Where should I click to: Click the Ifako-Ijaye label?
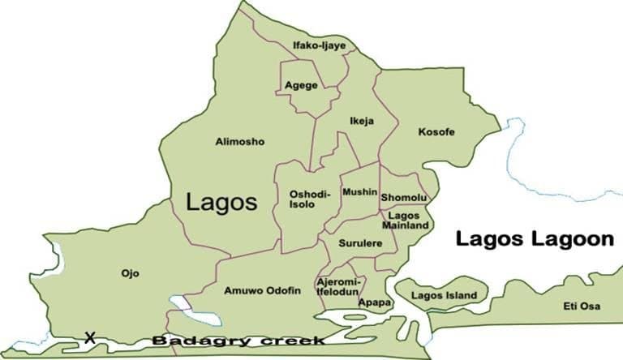(319, 45)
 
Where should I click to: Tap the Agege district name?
(301, 85)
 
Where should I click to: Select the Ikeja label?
(362, 122)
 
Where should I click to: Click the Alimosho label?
(239, 142)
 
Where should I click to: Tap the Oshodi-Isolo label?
(307, 199)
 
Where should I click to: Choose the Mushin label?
(359, 192)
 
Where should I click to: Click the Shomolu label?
(404, 198)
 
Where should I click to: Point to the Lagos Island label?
(444, 295)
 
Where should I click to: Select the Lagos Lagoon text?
(533, 239)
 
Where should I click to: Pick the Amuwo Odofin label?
(261, 289)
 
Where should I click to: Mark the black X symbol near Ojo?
(90, 336)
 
